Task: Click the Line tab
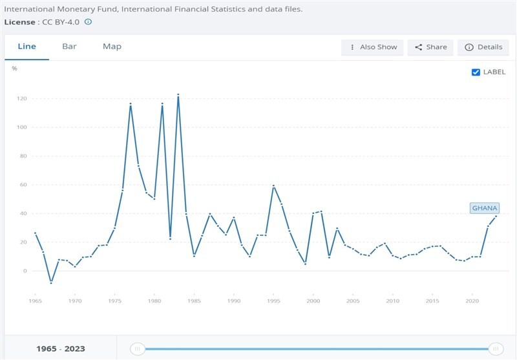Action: coord(26,47)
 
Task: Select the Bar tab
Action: coord(69,47)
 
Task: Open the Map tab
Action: coord(112,47)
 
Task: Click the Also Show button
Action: coord(373,47)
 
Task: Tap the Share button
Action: coord(431,47)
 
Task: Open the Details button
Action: coord(483,47)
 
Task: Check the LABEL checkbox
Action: coord(476,72)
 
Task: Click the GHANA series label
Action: coord(485,208)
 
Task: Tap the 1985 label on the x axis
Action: coord(195,301)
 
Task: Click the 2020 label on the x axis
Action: coord(472,301)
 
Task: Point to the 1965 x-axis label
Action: coord(36,301)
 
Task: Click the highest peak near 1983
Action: coord(178,94)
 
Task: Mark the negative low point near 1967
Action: coord(51,283)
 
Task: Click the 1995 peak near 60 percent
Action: coord(273,185)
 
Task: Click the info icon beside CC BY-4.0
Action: coord(88,21)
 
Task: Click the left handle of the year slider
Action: coord(137,349)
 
